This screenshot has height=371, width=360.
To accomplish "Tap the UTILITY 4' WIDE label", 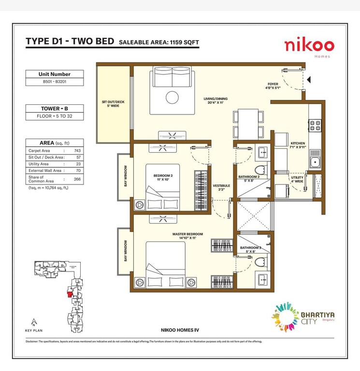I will tap(297, 180).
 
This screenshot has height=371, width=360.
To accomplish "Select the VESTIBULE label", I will tap(221, 187).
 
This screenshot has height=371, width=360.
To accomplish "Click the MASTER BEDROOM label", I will tap(187, 236).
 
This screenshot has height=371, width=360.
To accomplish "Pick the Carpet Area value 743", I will tap(77, 151).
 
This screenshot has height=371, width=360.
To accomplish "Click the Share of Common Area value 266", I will tap(77, 179).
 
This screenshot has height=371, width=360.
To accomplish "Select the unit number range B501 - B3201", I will tap(54, 82).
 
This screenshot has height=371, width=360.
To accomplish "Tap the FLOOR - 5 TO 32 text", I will tap(54, 116).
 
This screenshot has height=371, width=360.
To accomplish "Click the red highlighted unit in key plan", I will tap(70, 293).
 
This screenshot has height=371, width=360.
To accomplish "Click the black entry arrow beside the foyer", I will tap(309, 79).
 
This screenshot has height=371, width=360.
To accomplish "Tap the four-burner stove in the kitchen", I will tap(315, 126).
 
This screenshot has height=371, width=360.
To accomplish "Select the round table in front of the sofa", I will tap(172, 98).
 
